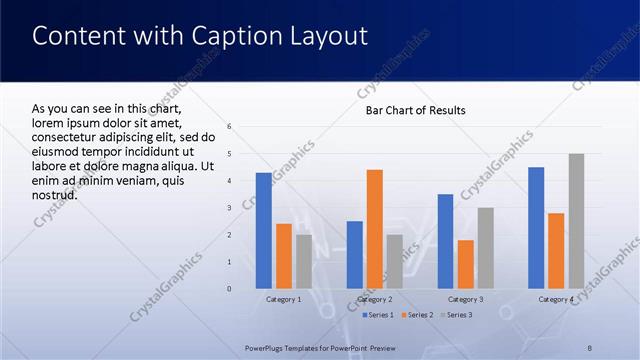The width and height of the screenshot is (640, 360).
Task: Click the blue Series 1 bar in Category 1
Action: (x=264, y=231)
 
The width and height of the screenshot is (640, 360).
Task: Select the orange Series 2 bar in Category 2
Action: (x=375, y=229)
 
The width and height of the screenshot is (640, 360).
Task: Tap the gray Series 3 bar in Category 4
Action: (x=576, y=221)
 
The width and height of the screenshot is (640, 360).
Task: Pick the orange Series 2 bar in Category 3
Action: (x=466, y=264)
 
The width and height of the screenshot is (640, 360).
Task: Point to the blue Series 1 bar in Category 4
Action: (x=536, y=228)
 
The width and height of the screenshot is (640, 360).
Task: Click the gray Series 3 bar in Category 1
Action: (x=304, y=262)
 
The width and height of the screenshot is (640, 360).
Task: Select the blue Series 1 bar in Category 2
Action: (x=355, y=255)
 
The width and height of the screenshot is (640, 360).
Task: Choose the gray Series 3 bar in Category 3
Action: (x=485, y=248)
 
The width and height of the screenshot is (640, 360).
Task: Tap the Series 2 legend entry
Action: (x=416, y=315)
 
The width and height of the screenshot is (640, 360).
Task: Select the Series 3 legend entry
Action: (x=456, y=315)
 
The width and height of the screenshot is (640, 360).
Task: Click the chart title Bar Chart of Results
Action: (x=415, y=110)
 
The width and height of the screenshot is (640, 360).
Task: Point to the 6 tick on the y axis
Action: (x=230, y=127)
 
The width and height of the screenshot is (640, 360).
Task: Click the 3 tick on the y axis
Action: (x=230, y=208)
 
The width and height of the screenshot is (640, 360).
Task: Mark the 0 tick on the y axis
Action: (x=230, y=289)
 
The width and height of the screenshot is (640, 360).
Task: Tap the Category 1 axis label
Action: (x=284, y=300)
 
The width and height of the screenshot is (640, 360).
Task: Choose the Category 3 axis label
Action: (x=466, y=300)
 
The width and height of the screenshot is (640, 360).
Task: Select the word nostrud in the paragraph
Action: (x=55, y=194)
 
